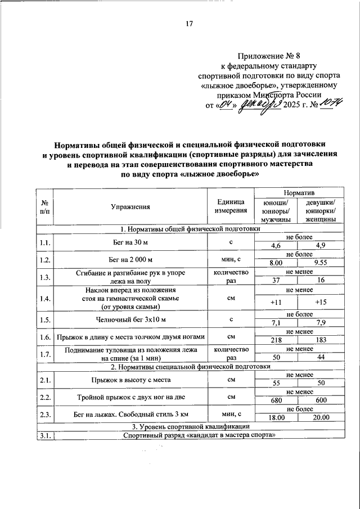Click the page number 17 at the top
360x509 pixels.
(x=189, y=24)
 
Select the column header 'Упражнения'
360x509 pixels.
(x=130, y=206)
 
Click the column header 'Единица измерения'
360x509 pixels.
(x=231, y=206)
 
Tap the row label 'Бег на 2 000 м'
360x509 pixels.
(x=130, y=259)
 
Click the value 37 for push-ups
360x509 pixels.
(x=276, y=280)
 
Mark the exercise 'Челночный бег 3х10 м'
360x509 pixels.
(x=130, y=319)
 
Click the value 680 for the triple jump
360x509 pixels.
(x=276, y=400)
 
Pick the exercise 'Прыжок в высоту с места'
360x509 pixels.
(x=130, y=380)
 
